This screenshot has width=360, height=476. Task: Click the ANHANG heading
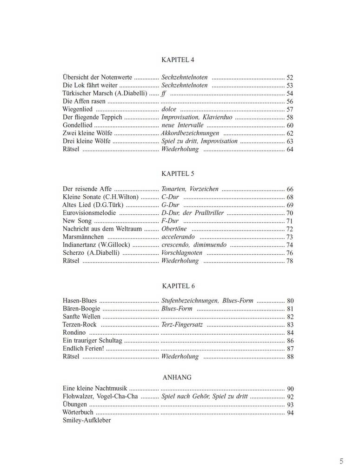(177, 377)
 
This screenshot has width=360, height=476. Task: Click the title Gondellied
(78, 126)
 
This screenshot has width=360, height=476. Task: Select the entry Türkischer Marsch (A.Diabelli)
(105, 93)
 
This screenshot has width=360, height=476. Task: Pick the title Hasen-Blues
(80, 301)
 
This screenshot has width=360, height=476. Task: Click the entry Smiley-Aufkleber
(87, 420)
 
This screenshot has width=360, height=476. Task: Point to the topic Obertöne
(174, 229)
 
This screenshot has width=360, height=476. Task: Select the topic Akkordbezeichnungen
(190, 133)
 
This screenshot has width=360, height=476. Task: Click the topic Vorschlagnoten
(182, 253)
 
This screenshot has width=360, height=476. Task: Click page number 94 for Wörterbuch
(290, 412)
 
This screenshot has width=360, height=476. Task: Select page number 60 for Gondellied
(290, 126)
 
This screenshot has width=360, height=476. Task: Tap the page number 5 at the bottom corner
(341, 461)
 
